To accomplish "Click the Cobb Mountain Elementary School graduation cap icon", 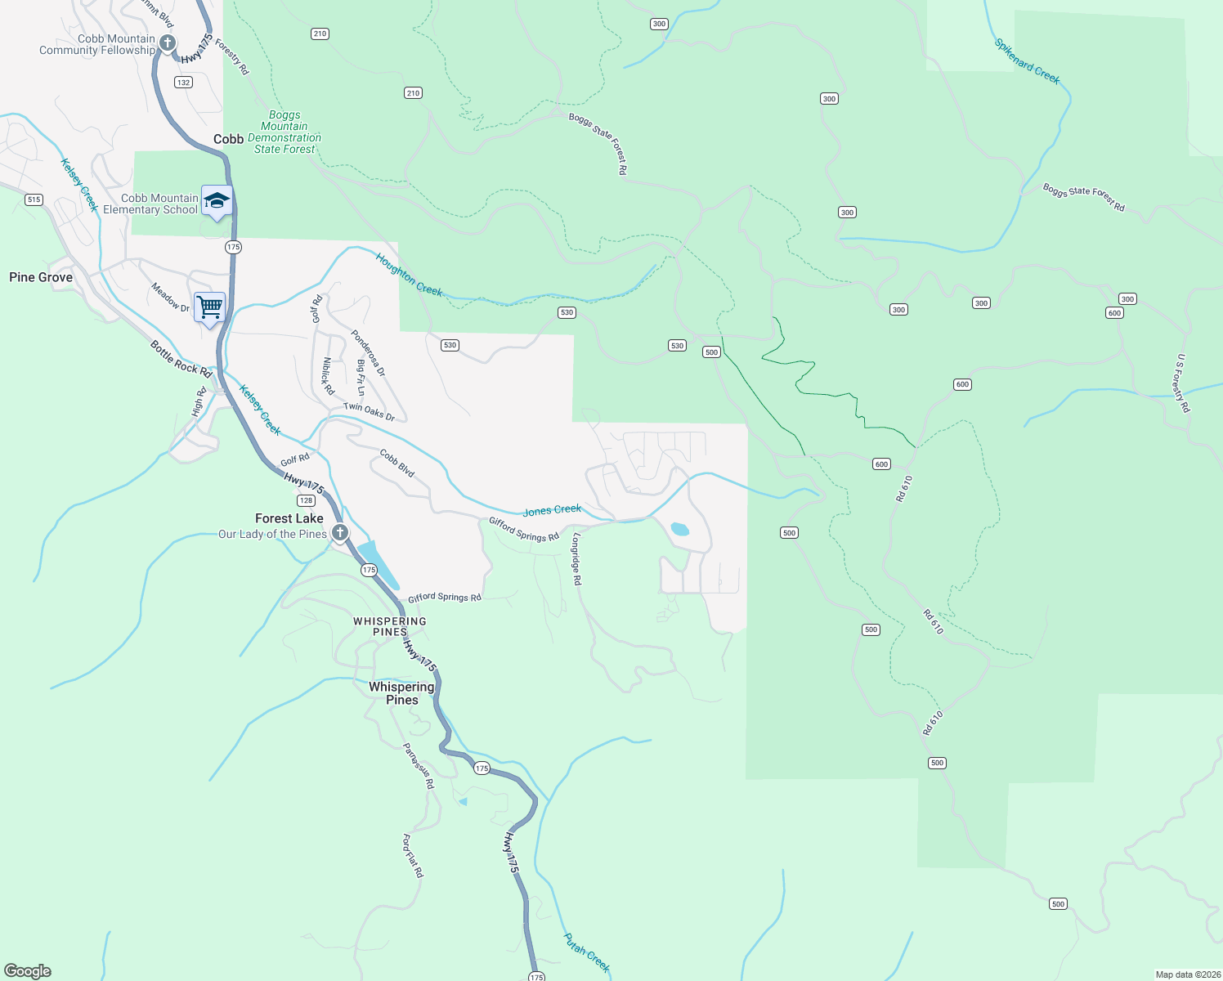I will click(x=217, y=201).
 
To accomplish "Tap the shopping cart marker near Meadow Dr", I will click(x=210, y=307).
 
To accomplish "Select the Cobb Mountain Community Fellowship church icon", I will click(x=168, y=43).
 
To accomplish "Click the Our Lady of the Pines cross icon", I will click(x=340, y=533).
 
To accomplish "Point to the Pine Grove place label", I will click(x=41, y=277).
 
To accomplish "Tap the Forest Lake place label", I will click(x=289, y=518).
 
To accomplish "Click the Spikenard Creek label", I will click(x=1028, y=61).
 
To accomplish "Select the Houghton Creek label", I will click(x=409, y=275).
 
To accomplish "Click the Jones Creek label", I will click(x=552, y=510).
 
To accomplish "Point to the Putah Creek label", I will click(x=587, y=952).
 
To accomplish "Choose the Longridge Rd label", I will click(x=576, y=559).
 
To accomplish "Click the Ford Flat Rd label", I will click(x=413, y=856).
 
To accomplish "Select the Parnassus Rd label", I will click(x=419, y=766).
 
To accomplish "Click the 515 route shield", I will click(x=34, y=199).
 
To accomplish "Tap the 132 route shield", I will click(x=183, y=83).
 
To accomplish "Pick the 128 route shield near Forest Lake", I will click(x=306, y=500).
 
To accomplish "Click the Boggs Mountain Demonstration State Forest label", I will click(x=284, y=132).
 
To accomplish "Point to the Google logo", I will click(x=28, y=971).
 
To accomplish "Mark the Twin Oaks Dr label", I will click(x=369, y=412).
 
